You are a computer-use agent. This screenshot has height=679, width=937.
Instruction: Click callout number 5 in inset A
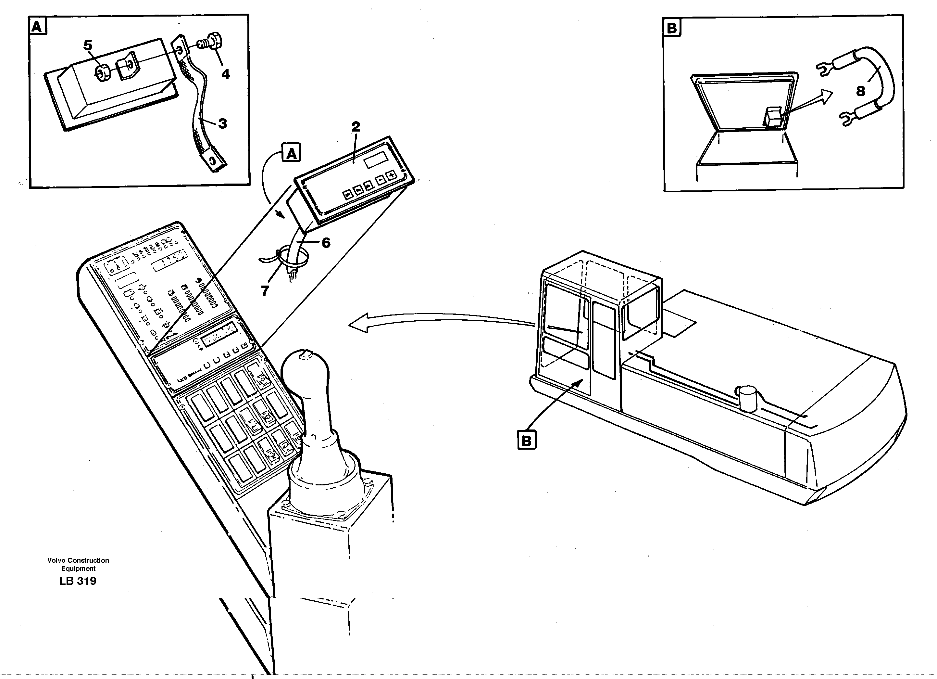[x=88, y=45]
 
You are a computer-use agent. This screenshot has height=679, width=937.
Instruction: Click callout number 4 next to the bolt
[x=225, y=74]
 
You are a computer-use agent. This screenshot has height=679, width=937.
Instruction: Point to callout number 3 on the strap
[x=223, y=123]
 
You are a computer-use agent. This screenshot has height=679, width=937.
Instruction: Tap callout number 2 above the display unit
[x=356, y=126]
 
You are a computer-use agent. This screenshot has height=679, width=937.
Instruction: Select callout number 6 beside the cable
[x=326, y=243]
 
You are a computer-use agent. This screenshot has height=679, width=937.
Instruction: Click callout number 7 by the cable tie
[x=265, y=291]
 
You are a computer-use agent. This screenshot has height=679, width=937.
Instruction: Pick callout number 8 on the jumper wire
[x=861, y=91]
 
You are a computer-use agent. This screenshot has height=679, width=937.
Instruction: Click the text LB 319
[x=78, y=581]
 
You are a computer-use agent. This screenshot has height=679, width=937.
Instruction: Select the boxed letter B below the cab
[x=526, y=441]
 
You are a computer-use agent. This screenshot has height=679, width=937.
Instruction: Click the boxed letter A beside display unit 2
[x=291, y=154]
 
